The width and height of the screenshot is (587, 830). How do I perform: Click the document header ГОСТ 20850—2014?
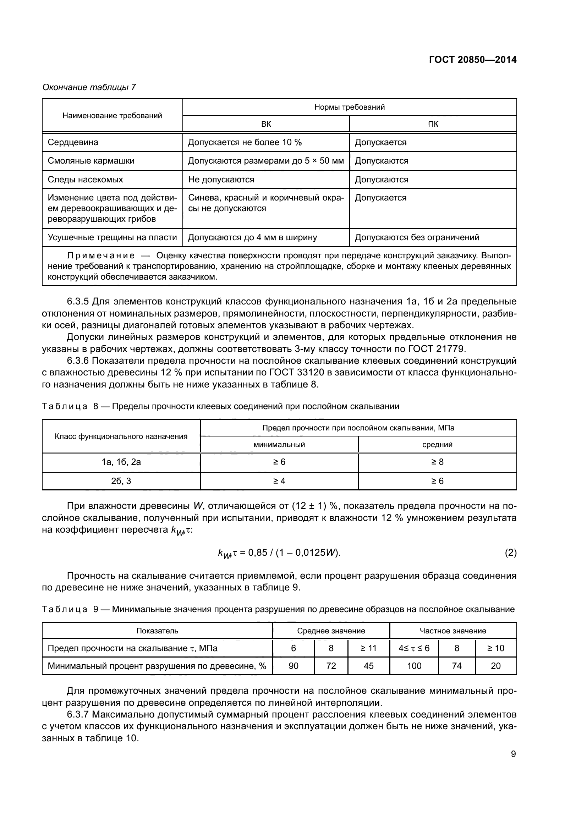pyautogui.click(x=472, y=60)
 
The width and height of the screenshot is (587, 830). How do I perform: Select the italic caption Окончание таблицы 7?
pyautogui.click(x=89, y=87)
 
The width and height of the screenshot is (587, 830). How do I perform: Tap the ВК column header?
pyautogui.click(x=266, y=124)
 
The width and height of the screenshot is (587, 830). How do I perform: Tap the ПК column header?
pyautogui.click(x=433, y=124)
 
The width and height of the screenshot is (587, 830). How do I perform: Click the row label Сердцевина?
pyautogui.click(x=73, y=142)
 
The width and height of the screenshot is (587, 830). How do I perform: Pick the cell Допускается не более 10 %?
pyautogui.click(x=245, y=142)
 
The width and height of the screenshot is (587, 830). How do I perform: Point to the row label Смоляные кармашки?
pyautogui.click(x=91, y=161)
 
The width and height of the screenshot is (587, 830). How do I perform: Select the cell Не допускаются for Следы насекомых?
pyautogui.click(x=221, y=180)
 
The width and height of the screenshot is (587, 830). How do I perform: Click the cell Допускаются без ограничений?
pyautogui.click(x=417, y=237)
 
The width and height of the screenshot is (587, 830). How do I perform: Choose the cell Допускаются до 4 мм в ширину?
pyautogui.click(x=252, y=237)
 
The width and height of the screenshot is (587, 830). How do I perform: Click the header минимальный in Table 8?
pyautogui.click(x=279, y=445)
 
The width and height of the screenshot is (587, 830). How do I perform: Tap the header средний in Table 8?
pyautogui.click(x=437, y=445)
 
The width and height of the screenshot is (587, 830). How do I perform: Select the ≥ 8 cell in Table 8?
pyautogui.click(x=437, y=462)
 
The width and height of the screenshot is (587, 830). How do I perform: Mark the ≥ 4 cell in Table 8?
pyautogui.click(x=279, y=481)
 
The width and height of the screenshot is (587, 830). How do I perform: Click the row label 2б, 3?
pyautogui.click(x=121, y=481)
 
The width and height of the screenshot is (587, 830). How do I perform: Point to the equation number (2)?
pyautogui.click(x=510, y=553)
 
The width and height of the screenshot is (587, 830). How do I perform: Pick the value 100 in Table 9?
pyautogui.click(x=414, y=666)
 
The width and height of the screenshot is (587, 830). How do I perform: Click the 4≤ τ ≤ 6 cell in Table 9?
pyautogui.click(x=414, y=648)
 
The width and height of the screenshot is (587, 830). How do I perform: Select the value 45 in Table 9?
pyautogui.click(x=368, y=666)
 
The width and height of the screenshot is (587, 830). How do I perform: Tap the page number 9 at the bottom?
pyautogui.click(x=513, y=754)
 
